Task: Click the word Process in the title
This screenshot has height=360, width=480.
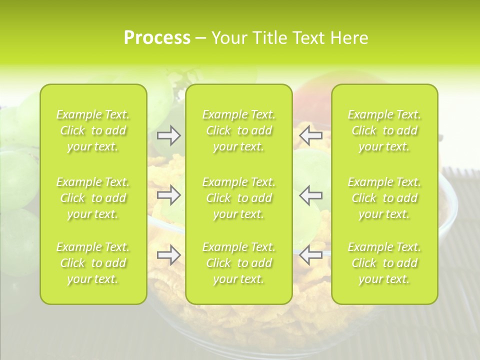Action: [157, 38]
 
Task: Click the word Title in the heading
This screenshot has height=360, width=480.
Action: [266, 38]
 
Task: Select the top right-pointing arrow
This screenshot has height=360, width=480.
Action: [168, 135]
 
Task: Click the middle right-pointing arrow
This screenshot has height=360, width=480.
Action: [168, 195]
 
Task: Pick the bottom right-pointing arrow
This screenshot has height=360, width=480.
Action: [168, 255]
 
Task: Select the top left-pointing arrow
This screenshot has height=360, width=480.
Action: [311, 135]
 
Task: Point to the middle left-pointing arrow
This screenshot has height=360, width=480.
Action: [311, 195]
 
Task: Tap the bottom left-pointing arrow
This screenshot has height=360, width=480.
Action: [311, 255]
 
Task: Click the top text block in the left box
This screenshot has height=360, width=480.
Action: [93, 130]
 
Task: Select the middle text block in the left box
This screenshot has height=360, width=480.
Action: [93, 198]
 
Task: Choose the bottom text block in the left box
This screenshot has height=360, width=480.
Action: [93, 263]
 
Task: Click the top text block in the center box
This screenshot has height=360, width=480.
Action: [238, 130]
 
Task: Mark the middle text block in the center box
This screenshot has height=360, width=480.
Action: [238, 198]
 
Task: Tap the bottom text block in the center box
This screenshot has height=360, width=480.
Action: [238, 263]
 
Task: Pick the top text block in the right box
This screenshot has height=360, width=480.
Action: [384, 130]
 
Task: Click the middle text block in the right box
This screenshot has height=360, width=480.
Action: [384, 198]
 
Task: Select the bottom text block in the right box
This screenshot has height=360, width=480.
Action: [384, 263]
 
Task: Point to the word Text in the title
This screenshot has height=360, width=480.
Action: [308, 38]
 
